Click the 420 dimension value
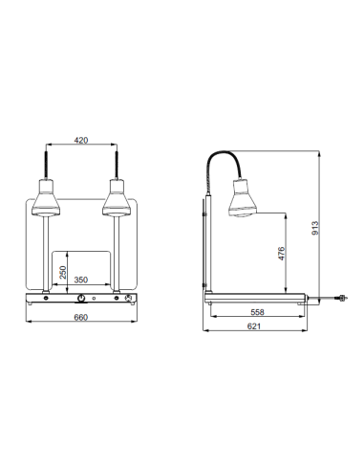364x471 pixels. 81,141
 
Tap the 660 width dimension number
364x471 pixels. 81,318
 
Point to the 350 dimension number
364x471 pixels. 82,281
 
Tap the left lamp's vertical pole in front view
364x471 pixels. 45,254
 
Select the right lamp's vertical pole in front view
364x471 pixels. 116,254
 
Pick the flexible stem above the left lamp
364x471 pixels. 45,161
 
